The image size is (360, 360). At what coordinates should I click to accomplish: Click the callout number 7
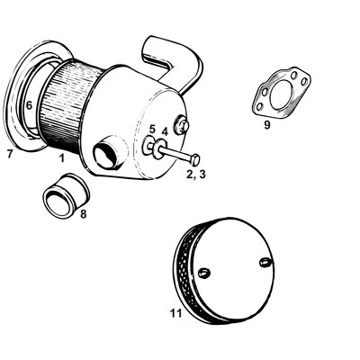pyautogui.click(x=9, y=154)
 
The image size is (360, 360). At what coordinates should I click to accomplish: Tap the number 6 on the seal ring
pyautogui.click(x=29, y=105)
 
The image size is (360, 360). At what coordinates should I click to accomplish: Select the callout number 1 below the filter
pyautogui.click(x=61, y=157)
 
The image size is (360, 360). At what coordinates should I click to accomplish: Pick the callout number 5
pyautogui.click(x=152, y=129)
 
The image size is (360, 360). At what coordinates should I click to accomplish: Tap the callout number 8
pyautogui.click(x=84, y=214)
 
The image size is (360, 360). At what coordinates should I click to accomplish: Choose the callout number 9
pyautogui.click(x=267, y=125)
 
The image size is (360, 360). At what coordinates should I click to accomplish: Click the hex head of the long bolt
pyautogui.click(x=194, y=158)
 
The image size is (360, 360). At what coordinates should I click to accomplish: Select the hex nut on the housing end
pyautogui.click(x=183, y=126)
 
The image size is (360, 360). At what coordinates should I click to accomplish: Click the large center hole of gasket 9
pyautogui.click(x=279, y=96)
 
